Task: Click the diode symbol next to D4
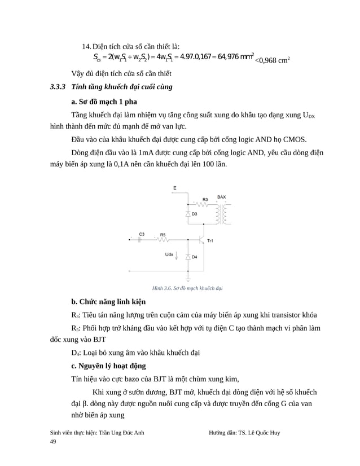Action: (187, 257)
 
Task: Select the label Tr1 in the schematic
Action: (210, 241)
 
